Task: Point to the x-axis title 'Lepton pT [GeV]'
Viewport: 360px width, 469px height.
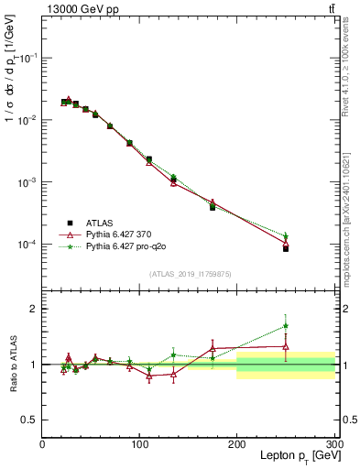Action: (289, 456)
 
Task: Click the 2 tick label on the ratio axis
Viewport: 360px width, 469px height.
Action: (33, 309)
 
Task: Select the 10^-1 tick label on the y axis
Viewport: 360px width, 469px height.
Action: (26, 58)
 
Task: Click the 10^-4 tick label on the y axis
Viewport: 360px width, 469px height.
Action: (26, 245)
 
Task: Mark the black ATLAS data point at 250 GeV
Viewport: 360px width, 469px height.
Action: (286, 249)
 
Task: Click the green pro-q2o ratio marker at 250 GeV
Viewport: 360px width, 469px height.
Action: (286, 325)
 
